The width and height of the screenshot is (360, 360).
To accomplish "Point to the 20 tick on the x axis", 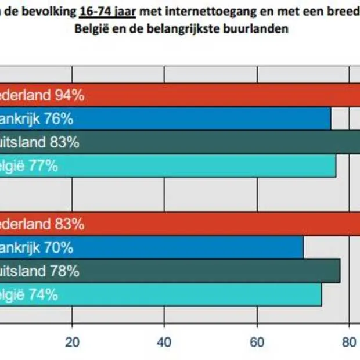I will click(x=72, y=341).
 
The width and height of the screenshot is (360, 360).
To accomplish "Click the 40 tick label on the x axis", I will click(x=164, y=341).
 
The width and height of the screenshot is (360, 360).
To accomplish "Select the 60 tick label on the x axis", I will click(x=257, y=341).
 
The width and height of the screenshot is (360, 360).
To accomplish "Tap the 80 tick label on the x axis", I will click(x=348, y=341).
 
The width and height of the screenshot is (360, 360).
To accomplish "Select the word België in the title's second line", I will click(x=91, y=28).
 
